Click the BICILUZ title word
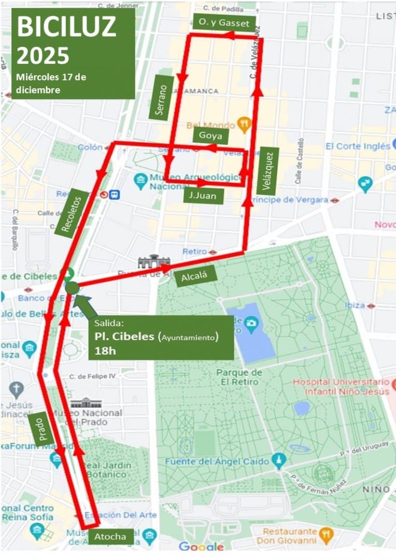[66, 26]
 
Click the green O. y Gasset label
[224, 23]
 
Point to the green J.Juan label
[203, 195]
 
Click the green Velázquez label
[267, 171]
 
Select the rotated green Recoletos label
[72, 213]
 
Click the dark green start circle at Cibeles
[72, 288]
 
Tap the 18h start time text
[105, 351]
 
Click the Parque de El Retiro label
[239, 377]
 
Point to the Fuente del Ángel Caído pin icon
[279, 461]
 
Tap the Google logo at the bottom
[201, 547]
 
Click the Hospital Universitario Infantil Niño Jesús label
[341, 387]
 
